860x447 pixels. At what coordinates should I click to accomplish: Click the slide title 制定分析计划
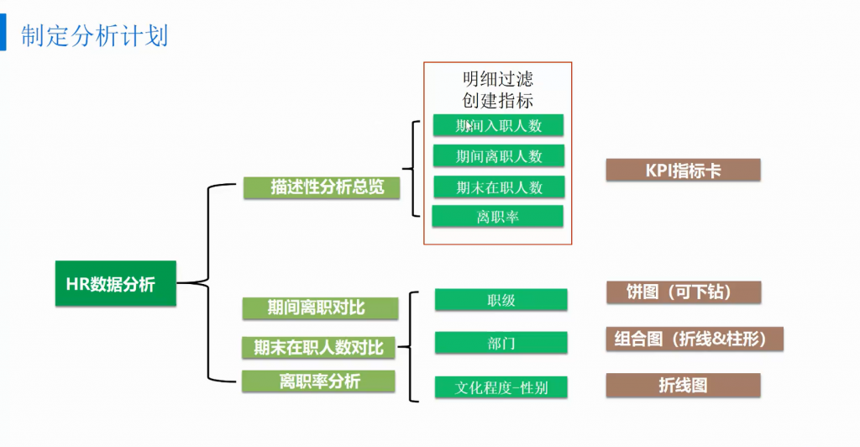coord(95,36)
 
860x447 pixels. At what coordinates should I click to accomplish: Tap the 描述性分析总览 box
coord(322,187)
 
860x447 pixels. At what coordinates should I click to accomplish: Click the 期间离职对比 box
coord(319,308)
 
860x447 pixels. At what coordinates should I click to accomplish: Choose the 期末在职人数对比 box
coord(319,346)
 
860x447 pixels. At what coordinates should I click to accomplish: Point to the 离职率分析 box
coord(319,381)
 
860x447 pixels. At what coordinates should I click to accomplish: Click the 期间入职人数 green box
coord(498,126)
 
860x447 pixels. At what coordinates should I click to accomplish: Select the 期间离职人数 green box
coord(498,156)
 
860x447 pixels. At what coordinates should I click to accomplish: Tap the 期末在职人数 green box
coord(499,187)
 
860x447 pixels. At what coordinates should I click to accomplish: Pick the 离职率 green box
coord(497,217)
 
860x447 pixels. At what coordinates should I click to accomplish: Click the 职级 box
coord(501,300)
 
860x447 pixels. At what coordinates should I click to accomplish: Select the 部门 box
coord(501,343)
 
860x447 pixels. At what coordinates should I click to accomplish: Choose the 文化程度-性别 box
coord(501,387)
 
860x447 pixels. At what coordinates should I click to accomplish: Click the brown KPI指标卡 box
coord(683,171)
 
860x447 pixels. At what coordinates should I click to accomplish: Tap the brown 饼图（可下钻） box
coord(683,292)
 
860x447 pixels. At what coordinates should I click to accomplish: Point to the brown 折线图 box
coord(683,385)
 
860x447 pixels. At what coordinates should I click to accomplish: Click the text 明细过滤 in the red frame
coord(497,79)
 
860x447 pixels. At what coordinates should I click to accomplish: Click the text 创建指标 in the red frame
coord(497,100)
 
